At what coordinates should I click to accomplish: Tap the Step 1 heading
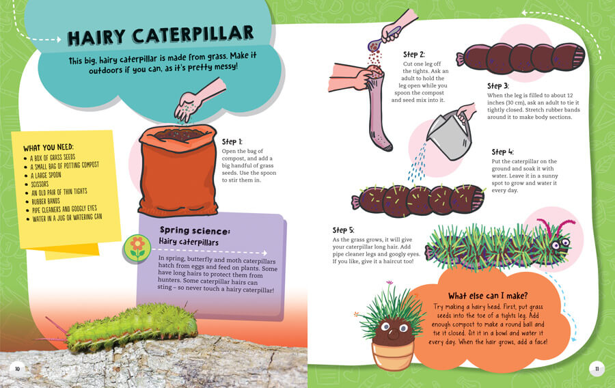tap(232, 142)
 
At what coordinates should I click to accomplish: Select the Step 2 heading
tap(414, 55)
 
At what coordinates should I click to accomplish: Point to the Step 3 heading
tap(497, 86)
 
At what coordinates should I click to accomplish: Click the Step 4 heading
tap(502, 152)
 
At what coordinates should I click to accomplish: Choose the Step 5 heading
tap(343, 230)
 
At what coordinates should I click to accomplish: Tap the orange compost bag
tap(178, 171)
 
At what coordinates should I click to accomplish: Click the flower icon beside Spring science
tap(137, 248)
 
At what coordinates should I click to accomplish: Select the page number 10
tap(17, 369)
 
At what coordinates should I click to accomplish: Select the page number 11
tap(597, 369)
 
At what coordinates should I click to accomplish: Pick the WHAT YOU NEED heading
tap(49, 148)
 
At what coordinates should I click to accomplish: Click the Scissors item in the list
tap(40, 184)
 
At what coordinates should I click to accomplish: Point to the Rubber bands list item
tap(46, 202)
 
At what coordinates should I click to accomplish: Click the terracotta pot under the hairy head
tap(393, 355)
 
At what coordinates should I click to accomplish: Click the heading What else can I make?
tap(488, 296)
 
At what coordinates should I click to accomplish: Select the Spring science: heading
tap(195, 230)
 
